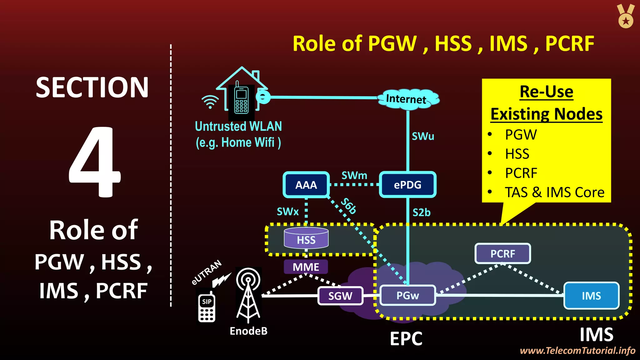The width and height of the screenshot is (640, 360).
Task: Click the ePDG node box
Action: pos(407,185)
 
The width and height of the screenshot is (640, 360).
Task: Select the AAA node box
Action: pos(306,185)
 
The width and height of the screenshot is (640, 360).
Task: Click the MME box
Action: pos(306,267)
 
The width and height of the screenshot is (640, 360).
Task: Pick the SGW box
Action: pos(340,296)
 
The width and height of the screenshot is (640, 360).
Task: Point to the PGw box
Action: pos(407,295)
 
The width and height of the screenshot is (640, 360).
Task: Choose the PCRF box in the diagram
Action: pos(502,253)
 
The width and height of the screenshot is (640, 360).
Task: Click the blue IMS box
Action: pos(591,296)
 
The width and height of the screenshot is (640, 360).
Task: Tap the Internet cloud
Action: pos(407,99)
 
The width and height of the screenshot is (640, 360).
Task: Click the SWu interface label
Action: pos(423,136)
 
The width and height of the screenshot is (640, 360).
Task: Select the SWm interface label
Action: pos(354,175)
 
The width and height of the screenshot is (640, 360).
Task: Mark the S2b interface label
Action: pos(421,212)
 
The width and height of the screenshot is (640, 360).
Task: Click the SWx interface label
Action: pos(287,212)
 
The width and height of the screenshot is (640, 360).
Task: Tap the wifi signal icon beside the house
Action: pos(210,102)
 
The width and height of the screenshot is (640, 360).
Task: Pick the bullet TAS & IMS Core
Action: pos(554,192)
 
